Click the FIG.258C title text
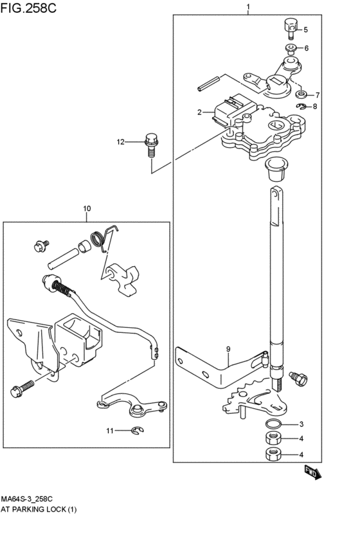coord(28,8)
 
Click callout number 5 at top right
coord(306,30)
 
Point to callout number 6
coord(307,48)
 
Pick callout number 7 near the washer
coord(317,94)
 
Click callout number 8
coord(315,107)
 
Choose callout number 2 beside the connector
coord(201,112)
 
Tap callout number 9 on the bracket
coord(228,349)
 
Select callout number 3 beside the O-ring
coord(301,424)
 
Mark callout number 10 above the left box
coord(87,208)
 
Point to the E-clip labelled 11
coord(138,430)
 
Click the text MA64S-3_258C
coord(26,499)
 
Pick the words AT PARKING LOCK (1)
coord(39,510)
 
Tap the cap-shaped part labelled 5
coord(287,26)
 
